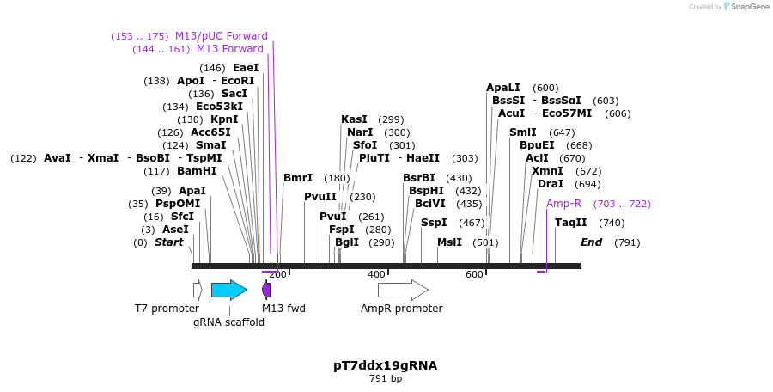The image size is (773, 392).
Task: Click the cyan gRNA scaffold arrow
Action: (x=229, y=291)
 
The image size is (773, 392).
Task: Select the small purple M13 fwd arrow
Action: (x=266, y=290)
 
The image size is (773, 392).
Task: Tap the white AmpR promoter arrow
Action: (x=404, y=291)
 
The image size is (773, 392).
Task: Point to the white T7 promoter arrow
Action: (x=198, y=291)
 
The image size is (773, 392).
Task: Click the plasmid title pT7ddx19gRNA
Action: (x=386, y=366)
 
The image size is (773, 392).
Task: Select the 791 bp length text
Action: (x=386, y=379)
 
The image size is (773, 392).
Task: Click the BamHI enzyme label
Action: (x=197, y=171)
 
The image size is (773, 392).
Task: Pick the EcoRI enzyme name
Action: (x=238, y=81)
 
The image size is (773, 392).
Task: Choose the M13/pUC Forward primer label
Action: (x=222, y=36)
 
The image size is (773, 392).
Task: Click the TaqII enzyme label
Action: (x=571, y=223)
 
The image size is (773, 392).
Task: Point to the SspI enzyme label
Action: (x=434, y=223)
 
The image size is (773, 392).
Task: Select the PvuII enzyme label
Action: (x=320, y=197)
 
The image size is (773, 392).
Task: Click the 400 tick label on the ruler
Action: (x=376, y=274)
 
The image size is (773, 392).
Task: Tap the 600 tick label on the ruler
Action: (x=474, y=274)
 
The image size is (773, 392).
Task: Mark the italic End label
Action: (x=591, y=242)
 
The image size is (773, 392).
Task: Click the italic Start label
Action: (x=168, y=242)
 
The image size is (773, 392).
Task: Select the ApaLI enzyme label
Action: (x=502, y=88)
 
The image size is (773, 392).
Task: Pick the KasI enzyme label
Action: (x=354, y=119)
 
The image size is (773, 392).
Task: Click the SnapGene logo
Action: (x=746, y=6)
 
